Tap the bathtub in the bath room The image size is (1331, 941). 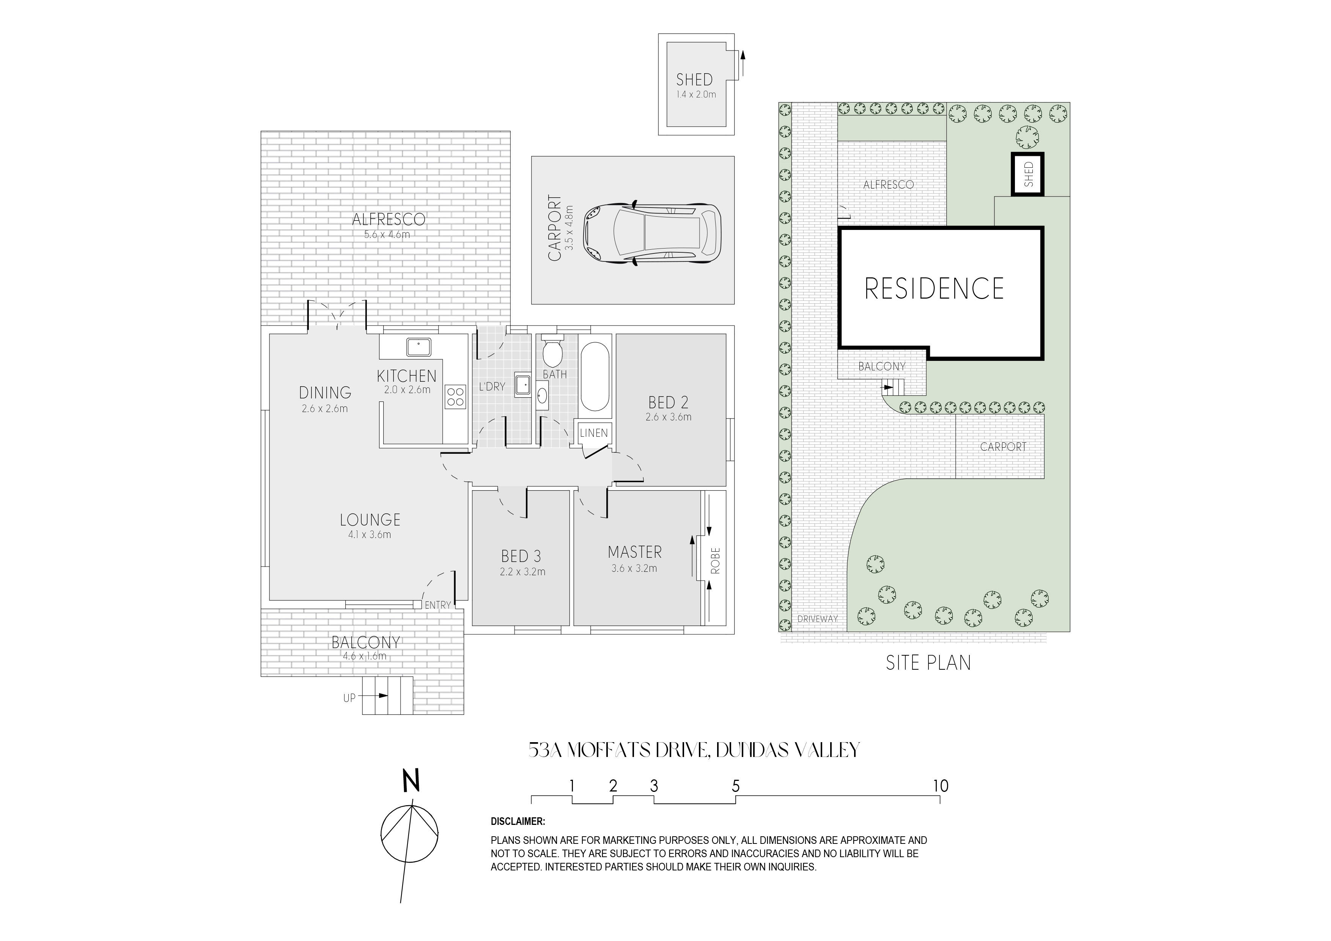point(594,377)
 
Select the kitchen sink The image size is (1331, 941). point(418,347)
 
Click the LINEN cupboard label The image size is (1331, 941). point(594,433)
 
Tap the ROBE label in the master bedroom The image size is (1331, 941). point(715,561)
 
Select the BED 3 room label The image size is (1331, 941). point(521,557)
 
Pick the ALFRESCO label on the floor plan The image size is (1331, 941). point(389,220)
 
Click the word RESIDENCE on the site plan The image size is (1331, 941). point(934,289)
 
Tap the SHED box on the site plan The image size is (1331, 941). point(1028,174)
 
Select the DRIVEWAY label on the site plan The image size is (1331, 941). point(817,618)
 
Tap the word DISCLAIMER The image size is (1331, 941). point(518,821)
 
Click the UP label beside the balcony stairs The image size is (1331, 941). point(349,698)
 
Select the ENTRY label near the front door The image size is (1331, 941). point(438,605)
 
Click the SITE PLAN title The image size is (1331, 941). point(928,663)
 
